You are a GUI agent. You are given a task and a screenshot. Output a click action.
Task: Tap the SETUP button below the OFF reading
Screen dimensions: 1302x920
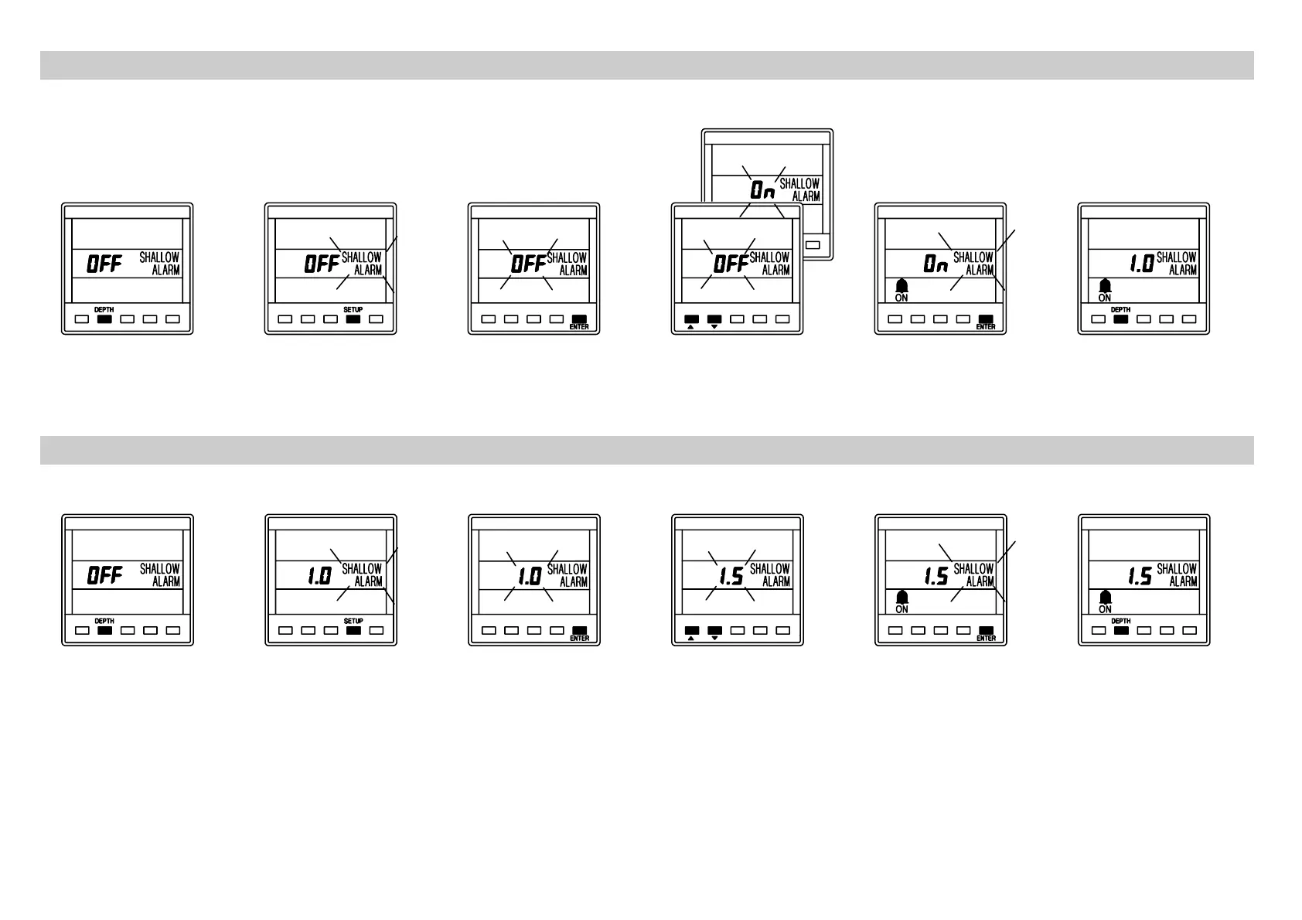[353, 319]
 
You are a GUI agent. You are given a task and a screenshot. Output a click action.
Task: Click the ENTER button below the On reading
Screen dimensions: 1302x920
[986, 319]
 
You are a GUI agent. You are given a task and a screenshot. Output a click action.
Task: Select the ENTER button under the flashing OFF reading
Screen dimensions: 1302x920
[579, 319]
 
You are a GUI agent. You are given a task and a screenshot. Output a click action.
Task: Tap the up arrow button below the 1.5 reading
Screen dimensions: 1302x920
[692, 630]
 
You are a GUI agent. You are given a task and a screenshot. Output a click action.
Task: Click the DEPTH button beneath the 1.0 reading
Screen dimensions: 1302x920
[1121, 319]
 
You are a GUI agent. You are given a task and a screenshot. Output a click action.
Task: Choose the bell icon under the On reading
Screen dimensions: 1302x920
[902, 285]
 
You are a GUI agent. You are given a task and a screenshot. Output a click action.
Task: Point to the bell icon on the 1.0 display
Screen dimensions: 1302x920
[1105, 285]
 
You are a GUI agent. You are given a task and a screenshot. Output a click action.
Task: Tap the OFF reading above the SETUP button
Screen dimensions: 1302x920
[322, 264]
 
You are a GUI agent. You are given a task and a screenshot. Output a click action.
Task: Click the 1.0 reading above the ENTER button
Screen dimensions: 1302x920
[530, 576]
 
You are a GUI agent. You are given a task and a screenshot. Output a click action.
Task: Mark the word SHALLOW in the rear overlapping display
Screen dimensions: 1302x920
[799, 184]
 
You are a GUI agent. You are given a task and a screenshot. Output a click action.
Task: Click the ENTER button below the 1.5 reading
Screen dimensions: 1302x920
[986, 630]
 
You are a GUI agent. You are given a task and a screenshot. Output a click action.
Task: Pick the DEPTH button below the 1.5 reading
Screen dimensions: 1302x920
[1121, 630]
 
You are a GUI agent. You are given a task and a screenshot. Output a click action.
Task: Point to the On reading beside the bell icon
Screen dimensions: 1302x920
[936, 264]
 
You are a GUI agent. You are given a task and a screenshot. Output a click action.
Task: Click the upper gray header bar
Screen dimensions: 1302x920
[646, 65]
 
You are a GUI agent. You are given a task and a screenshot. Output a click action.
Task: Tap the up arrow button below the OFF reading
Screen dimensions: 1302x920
[692, 319]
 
